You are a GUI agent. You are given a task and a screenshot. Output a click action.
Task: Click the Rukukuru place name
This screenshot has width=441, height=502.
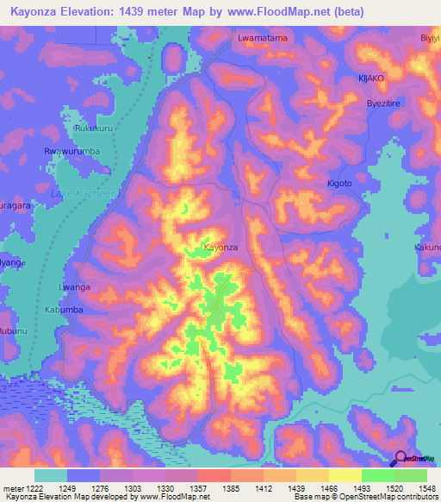click(94, 129)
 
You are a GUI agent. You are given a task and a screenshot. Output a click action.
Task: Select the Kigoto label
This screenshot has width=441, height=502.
click(339, 184)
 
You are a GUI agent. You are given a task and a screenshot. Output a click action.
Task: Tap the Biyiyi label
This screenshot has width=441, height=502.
click(429, 39)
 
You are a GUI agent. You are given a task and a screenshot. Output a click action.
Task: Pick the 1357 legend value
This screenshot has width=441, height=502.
click(196, 487)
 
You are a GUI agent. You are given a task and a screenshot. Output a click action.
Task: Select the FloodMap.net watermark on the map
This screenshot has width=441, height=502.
click(176, 461)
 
